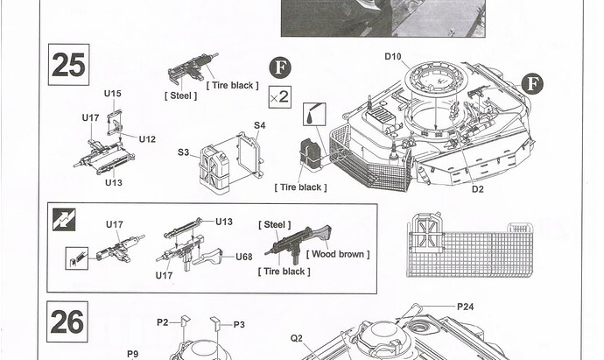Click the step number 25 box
pos(68,65)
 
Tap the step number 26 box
pos(67,321)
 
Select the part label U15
pos(112,94)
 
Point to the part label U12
pos(147,139)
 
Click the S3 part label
pos(183,152)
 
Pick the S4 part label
pos(260,125)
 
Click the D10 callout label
pos(393,57)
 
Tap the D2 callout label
pos(477,189)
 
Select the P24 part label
pos(466,307)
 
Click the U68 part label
pos(244,257)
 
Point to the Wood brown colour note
pos(338,254)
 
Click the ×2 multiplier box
pos(279,96)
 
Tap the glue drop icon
pos(314,114)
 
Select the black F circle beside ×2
pos(280,67)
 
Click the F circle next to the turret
pos(533,84)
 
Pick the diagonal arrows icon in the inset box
pos(64,220)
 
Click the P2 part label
pos(163,322)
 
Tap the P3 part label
pos(239,325)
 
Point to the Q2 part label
pos(296,338)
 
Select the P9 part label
pos(132,354)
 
